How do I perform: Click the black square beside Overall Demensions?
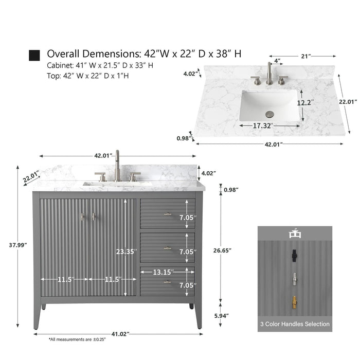pos(34,56)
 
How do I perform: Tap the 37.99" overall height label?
pos(18,245)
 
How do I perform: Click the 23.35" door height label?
pos(127,251)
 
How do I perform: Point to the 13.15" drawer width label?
pos(164,272)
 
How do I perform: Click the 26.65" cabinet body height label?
pos(222,250)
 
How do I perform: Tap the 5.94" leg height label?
pos(222,316)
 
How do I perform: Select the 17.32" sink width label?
pos(263,125)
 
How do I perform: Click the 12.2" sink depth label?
pos(305,103)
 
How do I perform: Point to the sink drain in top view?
pos(269,114)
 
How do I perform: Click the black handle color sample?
pos(294,255)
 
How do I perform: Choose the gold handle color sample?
pos(294,303)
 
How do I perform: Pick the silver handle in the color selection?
pos(294,279)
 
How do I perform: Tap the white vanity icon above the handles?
pos(295,233)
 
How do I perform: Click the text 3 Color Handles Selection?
pos(295,324)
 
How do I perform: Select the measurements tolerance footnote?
pos(77,339)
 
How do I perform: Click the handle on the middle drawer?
pos(167,248)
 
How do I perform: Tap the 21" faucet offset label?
pos(306,56)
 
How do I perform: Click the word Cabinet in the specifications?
pos(60,65)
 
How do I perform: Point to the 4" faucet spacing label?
pos(277,61)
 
